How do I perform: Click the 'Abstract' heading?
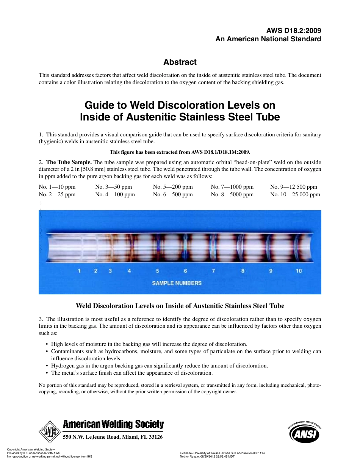tap(180, 62)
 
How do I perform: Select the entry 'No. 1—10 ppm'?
tap(57, 187)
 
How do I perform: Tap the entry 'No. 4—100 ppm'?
tap(115, 194)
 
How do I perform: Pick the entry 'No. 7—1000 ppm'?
tap(232, 187)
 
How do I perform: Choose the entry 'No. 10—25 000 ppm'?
tap(295, 194)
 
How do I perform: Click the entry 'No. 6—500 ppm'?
tap(173, 194)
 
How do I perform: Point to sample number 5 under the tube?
tap(158, 271)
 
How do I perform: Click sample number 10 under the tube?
tap(299, 271)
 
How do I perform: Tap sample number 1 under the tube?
tap(79, 271)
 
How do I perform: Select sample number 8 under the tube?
tap(243, 271)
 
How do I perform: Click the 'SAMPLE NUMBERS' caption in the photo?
tap(177, 283)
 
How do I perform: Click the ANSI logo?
tap(304, 433)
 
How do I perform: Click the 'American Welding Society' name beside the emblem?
tap(113, 424)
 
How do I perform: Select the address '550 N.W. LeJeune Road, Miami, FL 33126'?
tap(113, 437)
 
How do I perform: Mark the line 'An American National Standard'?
tap(268, 39)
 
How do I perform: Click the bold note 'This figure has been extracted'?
tap(180, 152)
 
